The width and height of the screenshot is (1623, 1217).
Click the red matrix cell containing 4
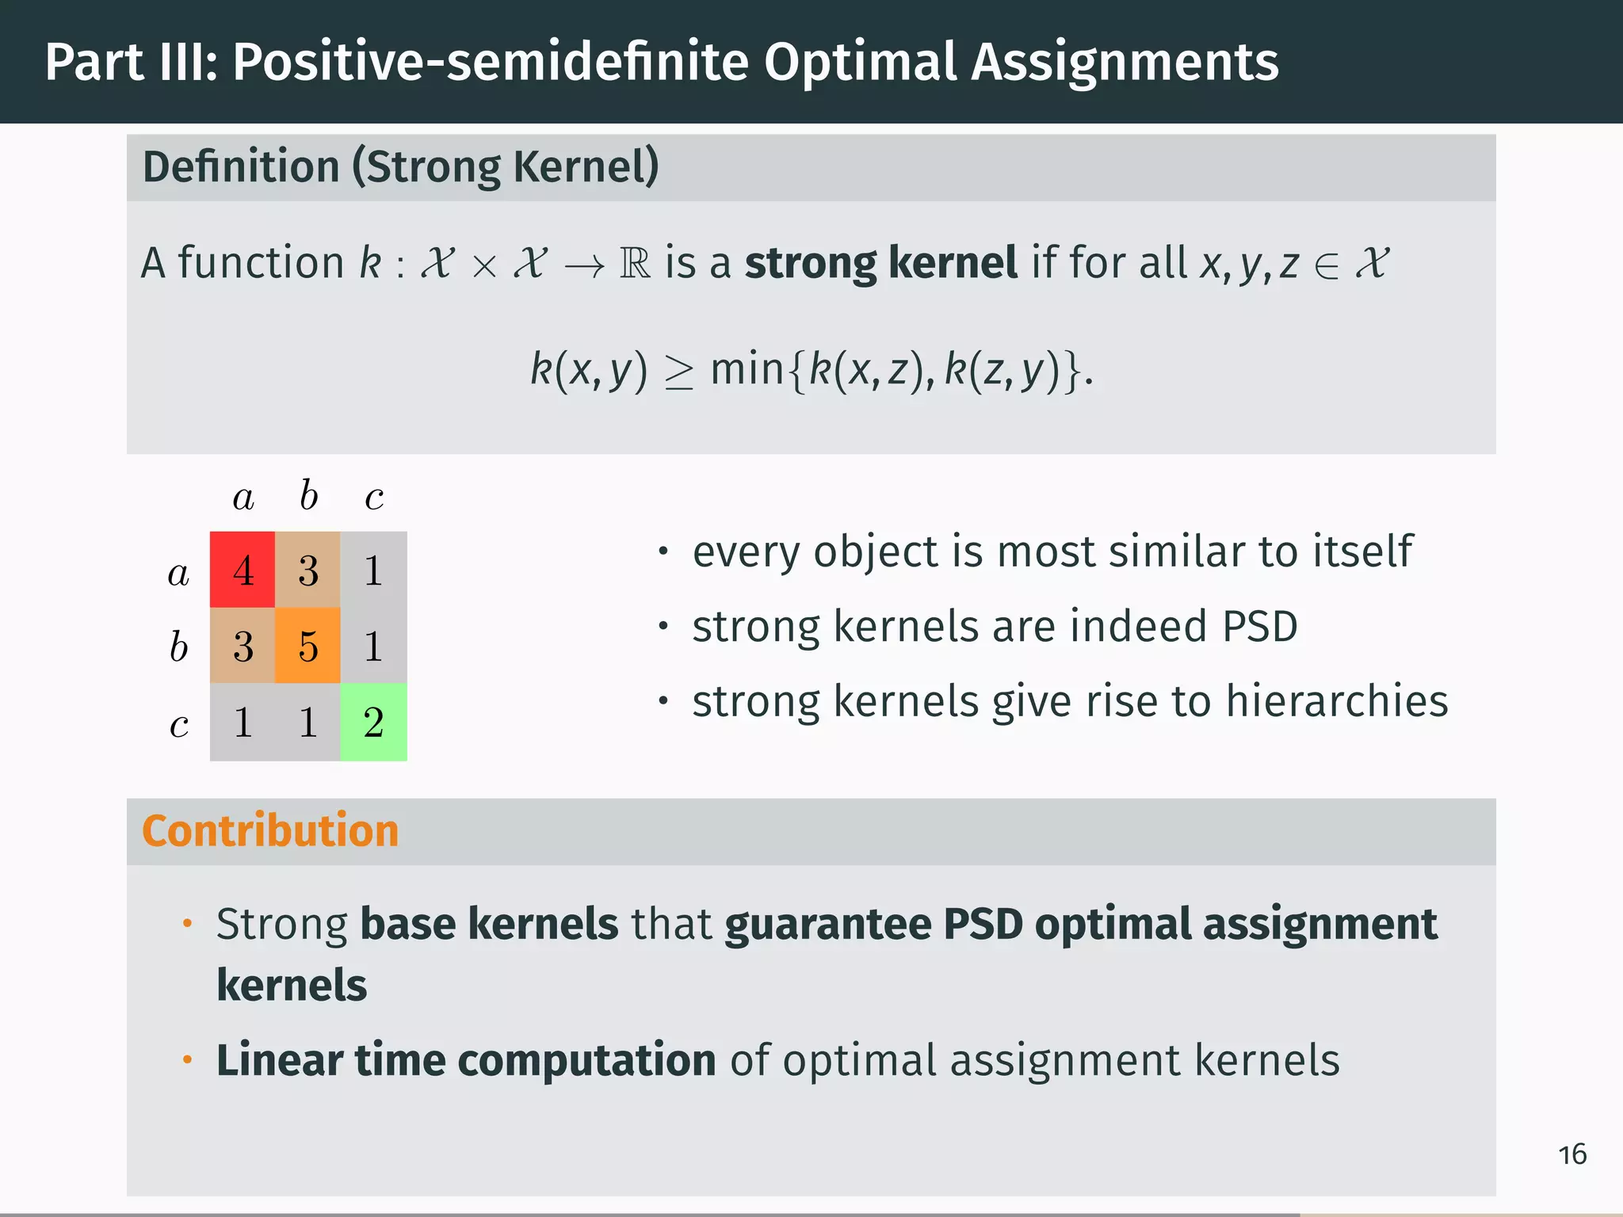point(242,570)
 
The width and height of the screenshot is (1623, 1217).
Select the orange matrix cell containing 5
point(307,646)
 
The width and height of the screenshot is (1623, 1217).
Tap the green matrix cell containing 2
point(373,722)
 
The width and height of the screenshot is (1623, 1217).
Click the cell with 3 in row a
point(307,570)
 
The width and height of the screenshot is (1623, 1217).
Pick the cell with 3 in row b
point(242,646)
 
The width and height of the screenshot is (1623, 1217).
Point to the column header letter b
point(308,496)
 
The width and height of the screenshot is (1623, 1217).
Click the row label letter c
point(179,723)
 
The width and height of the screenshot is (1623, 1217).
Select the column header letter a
point(243,498)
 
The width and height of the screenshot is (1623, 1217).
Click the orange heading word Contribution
point(270,830)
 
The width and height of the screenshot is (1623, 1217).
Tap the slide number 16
point(1572,1154)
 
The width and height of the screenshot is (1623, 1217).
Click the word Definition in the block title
point(241,167)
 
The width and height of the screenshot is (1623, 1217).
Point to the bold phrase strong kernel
point(880,262)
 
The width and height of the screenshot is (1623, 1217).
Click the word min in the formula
point(747,369)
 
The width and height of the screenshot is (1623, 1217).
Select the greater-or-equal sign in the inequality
point(678,372)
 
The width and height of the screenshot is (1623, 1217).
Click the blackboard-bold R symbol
point(635,263)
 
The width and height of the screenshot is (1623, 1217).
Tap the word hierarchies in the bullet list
point(1338,701)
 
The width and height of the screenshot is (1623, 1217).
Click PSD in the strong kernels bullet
point(1259,627)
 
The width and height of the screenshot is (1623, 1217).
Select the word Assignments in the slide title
point(1125,62)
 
